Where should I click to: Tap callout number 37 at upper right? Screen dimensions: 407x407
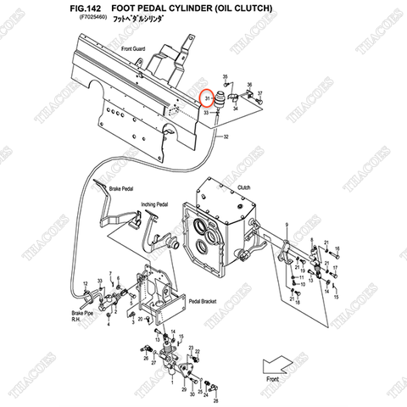point(259,92)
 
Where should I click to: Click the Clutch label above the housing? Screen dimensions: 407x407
point(243,187)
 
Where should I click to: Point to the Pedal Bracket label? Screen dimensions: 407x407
point(205,302)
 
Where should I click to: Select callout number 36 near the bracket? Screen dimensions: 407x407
point(249,85)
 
